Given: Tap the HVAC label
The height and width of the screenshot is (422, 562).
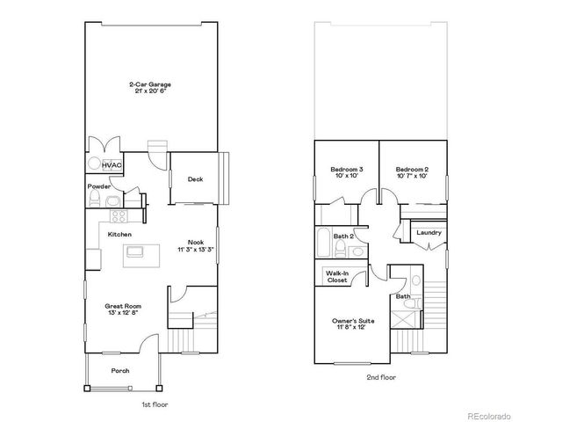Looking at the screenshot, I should (x=112, y=165).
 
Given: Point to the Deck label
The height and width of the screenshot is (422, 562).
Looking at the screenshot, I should (x=196, y=179).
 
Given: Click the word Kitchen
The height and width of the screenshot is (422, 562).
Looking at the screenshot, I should (x=120, y=235).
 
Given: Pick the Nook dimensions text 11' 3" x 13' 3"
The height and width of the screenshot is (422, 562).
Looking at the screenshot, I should (x=196, y=251).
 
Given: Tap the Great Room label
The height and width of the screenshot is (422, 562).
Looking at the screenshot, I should (x=123, y=306).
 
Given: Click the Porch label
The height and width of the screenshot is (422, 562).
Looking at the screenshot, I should (x=120, y=371).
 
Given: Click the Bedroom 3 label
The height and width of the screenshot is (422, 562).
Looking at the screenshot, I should (x=347, y=169).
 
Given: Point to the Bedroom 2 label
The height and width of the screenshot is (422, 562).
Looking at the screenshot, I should (x=411, y=169).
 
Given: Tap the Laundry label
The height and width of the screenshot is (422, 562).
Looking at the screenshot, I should (x=429, y=232).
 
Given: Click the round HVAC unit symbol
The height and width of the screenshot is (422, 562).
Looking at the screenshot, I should (x=95, y=164).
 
